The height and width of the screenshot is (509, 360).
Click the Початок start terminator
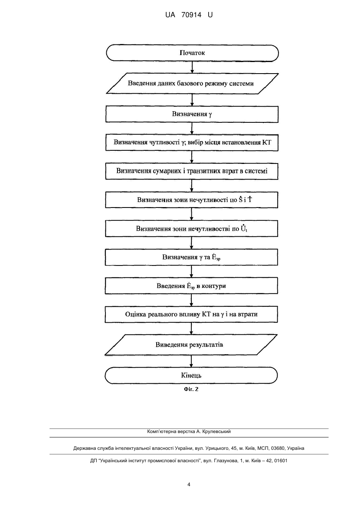coord(192,53)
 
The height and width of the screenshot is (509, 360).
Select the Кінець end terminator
coord(191,375)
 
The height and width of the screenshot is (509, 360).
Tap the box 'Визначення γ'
coord(192,114)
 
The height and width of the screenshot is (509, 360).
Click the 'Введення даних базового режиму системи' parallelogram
coord(192,84)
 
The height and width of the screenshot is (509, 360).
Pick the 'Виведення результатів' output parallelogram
coord(191,345)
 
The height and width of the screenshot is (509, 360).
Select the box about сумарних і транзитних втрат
coord(192,171)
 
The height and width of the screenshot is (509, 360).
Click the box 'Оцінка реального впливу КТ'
coord(191,314)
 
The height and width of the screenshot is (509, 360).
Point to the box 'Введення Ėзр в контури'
coord(191,285)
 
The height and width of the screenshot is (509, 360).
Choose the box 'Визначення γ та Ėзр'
coord(191,257)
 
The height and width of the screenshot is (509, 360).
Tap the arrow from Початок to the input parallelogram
coord(192,67)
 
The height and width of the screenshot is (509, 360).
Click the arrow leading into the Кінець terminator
coord(191,361)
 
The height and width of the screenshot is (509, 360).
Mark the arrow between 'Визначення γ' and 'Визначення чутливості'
coord(192,128)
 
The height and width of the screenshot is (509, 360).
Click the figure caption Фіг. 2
coord(191,389)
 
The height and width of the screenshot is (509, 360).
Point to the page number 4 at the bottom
coord(189,485)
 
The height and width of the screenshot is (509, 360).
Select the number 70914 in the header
coord(191,15)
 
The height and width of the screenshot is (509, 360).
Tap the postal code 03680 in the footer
coord(278,448)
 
